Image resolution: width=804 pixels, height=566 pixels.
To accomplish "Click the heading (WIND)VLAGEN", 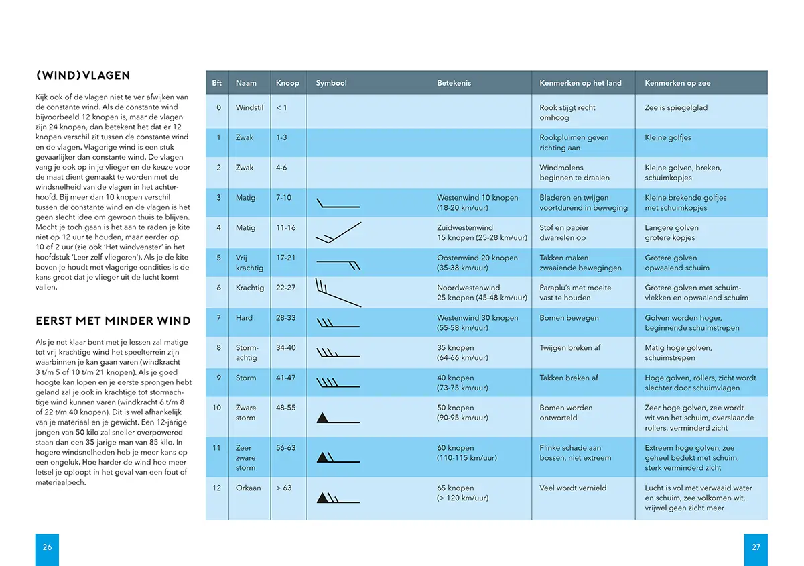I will pos(83,76).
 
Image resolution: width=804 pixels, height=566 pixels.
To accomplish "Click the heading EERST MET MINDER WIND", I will pos(113,321).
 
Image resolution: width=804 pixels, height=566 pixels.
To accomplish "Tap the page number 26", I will pos(47,547).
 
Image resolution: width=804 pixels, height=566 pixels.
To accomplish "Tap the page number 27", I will pos(756,547).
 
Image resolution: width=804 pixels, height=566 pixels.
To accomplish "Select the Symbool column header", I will pos(331,83).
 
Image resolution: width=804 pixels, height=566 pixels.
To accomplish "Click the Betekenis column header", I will pos(454,83).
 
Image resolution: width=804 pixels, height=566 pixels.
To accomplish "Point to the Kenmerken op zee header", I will pos(677,83).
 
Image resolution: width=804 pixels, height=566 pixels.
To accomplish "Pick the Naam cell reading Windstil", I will pos(249,107).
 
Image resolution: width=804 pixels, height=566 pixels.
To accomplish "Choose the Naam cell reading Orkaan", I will pos(248,488).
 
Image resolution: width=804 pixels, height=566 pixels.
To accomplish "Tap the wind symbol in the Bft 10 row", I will pos(338,419).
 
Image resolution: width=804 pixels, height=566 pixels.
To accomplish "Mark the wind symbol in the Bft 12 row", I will pos(338,498).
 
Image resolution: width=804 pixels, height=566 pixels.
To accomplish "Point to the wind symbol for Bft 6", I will pos(338,292).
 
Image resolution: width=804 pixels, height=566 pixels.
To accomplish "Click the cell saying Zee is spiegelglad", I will pos(675,107).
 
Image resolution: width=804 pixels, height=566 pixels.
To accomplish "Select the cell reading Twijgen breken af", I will pos(569,348).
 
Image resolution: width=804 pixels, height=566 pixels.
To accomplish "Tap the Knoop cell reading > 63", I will pos(283,488).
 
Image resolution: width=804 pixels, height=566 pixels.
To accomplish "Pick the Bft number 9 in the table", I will pos(218,378).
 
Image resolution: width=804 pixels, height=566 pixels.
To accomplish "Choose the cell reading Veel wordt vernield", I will pos(573,488).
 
